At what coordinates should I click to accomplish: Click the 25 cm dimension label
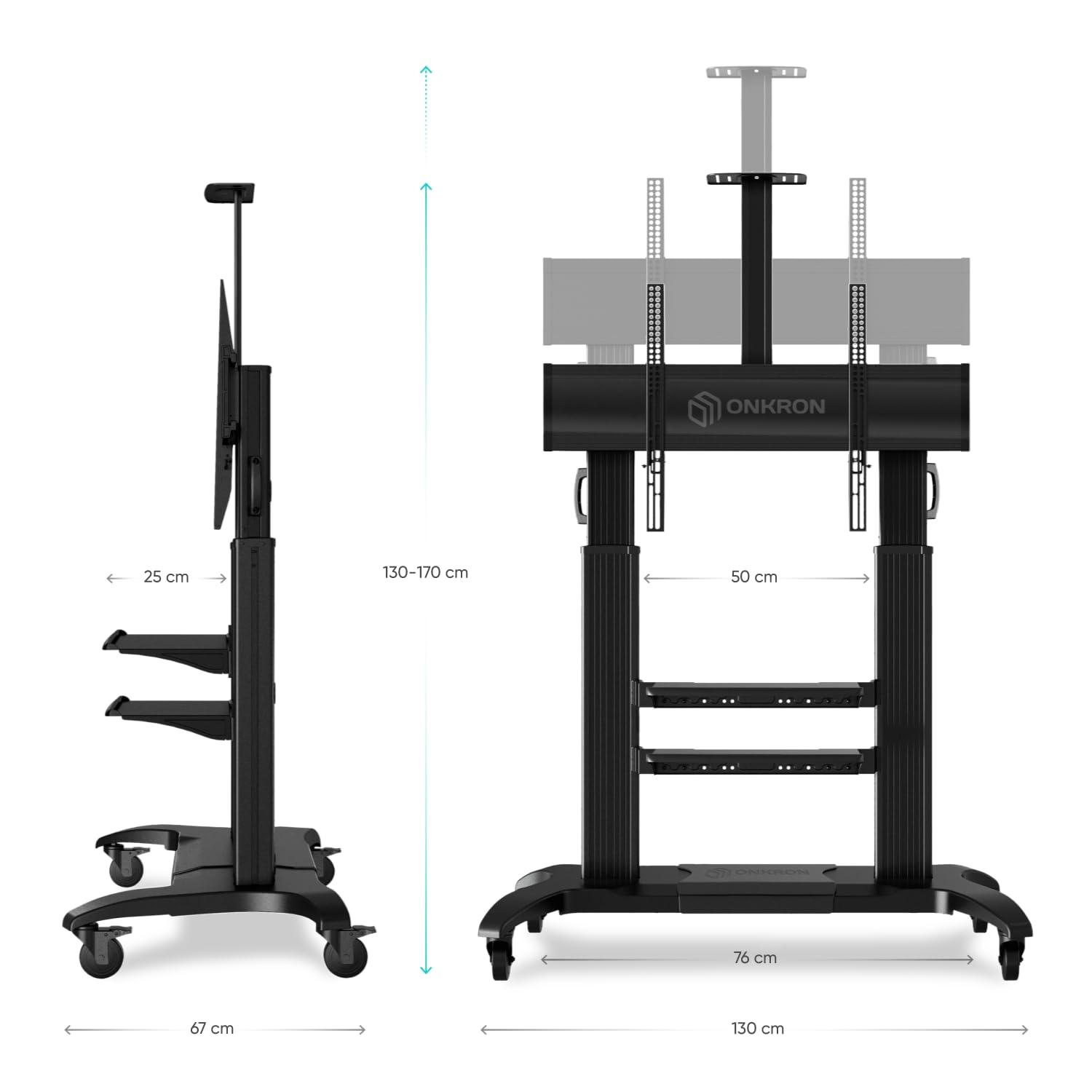pos(166,577)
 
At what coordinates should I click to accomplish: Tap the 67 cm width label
pos(212,1029)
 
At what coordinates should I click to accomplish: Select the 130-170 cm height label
pos(425,572)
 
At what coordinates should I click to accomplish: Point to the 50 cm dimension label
pos(754,577)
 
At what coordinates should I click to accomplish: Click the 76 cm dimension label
pos(755,958)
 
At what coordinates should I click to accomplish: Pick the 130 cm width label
pos(757,1029)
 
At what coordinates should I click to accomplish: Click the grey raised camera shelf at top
pos(757,73)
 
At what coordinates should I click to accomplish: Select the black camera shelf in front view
pos(756,179)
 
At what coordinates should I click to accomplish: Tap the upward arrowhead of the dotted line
pos(426,70)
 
